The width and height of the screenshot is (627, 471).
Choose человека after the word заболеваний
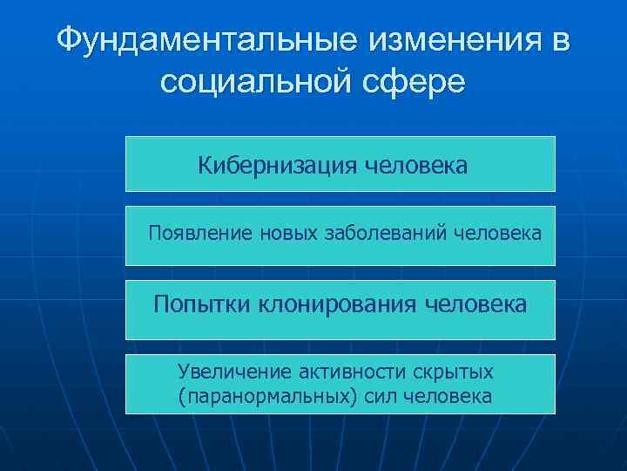point(497,234)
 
